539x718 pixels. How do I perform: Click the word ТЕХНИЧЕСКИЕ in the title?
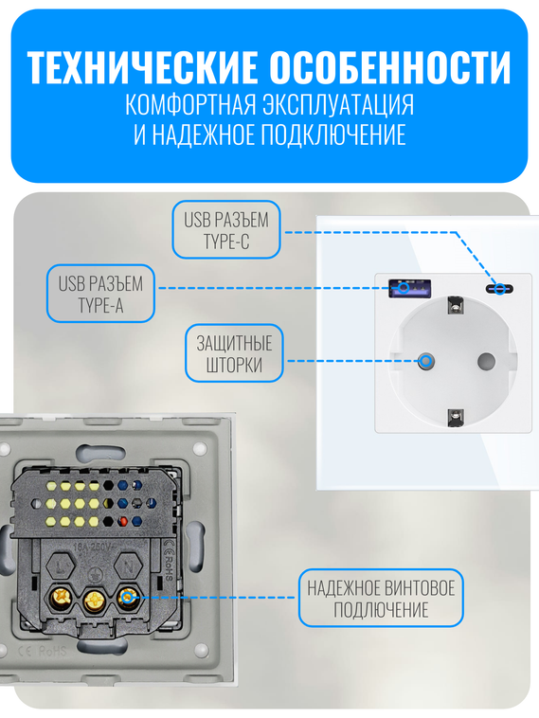coord(142,68)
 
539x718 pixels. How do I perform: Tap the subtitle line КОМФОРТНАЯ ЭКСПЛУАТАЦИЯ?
coord(269,103)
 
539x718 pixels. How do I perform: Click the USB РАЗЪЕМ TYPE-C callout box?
coord(225,230)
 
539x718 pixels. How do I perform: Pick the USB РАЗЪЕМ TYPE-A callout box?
coord(99,293)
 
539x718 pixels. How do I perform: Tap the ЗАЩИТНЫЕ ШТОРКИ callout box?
coord(234,354)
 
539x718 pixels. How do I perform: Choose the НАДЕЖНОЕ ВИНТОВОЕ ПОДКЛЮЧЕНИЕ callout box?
coord(381,598)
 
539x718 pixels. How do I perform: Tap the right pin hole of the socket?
coord(487,360)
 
